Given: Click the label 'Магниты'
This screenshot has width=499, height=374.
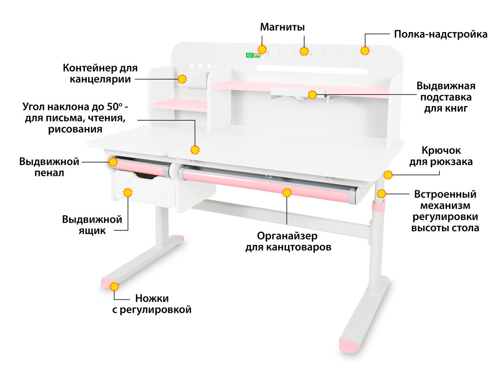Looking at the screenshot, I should tap(282, 27).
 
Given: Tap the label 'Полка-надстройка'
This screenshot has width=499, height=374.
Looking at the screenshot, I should tap(441, 35).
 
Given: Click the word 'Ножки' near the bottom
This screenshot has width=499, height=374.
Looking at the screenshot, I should tap(152, 298).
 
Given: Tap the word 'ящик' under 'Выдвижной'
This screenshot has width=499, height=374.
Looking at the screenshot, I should tap(92, 231).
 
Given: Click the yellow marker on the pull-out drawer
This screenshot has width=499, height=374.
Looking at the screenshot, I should tap(128, 193).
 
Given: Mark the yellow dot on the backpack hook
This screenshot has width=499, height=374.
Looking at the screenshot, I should tap(388, 174).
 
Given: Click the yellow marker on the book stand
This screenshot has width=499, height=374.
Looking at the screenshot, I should tap(312, 94).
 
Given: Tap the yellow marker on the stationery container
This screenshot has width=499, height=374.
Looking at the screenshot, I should tap(182, 79).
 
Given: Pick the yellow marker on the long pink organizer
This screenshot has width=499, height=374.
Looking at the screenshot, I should tap(287, 193).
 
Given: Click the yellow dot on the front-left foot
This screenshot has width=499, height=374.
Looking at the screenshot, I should tap(115, 286).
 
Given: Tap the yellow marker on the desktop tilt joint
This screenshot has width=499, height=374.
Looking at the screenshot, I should tap(195, 150).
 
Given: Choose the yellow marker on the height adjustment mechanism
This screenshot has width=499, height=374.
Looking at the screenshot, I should tap(381, 193).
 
